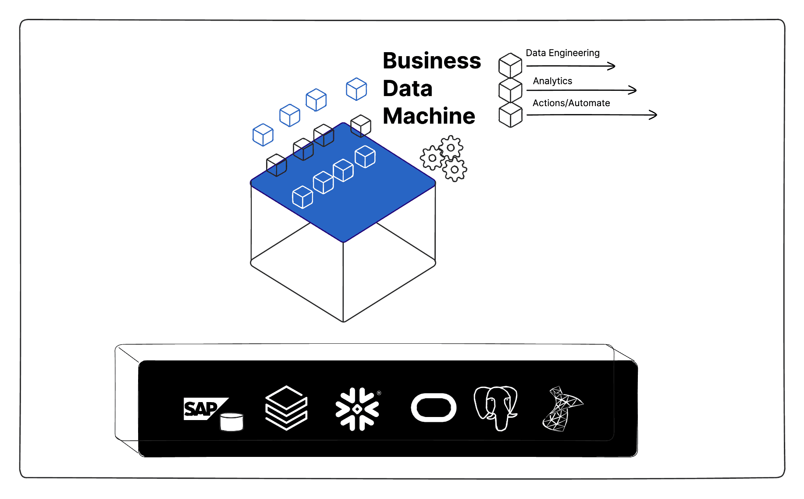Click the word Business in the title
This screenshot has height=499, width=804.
tap(432, 61)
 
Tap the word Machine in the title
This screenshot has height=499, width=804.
tap(429, 116)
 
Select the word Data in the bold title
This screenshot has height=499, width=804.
tap(408, 89)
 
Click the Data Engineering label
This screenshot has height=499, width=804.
tap(562, 53)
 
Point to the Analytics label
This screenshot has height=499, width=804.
tap(552, 81)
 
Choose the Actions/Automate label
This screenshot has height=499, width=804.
tap(571, 103)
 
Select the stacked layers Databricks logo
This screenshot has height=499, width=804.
tap(286, 408)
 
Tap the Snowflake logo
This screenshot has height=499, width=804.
tap(357, 409)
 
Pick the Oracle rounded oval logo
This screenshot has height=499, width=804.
tap(434, 408)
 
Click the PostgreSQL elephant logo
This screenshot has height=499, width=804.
tap(496, 407)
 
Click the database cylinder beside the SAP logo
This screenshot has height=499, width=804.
tap(231, 422)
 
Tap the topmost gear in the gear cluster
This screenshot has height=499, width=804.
tap(451, 147)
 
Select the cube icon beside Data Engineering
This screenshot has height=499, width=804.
tap(510, 65)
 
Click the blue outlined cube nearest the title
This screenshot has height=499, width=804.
tap(356, 89)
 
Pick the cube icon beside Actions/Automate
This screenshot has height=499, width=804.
tap(511, 115)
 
